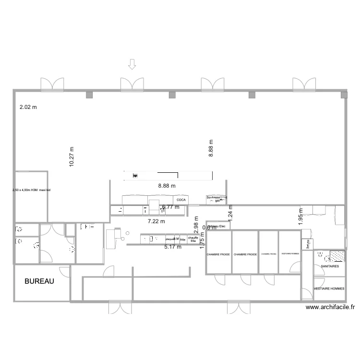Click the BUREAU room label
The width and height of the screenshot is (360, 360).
point(39,282)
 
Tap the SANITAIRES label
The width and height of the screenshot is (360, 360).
point(330,266)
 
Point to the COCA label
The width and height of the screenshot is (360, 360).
point(181,200)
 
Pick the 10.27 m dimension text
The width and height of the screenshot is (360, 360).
point(72,157)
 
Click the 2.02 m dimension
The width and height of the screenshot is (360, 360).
point(28,108)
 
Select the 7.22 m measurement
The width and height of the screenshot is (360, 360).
point(156,221)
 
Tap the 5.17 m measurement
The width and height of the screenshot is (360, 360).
point(173,247)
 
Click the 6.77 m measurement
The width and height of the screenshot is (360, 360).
point(170,207)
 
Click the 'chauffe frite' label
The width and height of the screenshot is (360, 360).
point(193,239)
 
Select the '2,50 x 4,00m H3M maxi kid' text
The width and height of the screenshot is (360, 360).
point(31,191)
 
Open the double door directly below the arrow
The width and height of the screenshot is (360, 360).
point(132,84)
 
